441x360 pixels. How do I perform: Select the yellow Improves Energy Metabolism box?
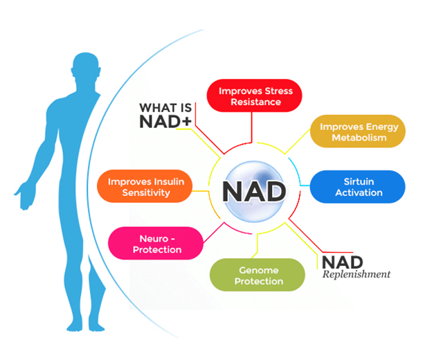pos(358,132)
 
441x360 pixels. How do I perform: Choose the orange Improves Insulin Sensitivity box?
pos(145,187)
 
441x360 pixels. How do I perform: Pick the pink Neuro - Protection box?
pos(156,243)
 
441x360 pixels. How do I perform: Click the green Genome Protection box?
pos(258,275)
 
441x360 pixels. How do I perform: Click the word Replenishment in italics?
pos(356,274)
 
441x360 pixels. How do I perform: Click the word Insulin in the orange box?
pos(167,181)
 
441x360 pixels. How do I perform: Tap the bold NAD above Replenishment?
pos(342,261)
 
